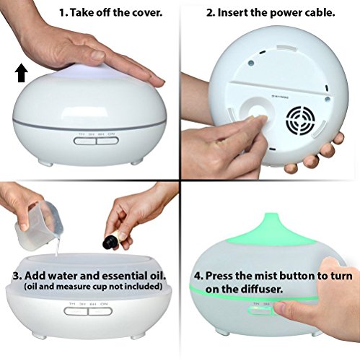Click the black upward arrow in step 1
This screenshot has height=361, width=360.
[x=22, y=73]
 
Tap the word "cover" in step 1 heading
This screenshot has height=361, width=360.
[x=146, y=13]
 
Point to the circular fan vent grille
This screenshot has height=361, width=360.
[x=300, y=121]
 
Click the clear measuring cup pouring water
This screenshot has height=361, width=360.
[x=38, y=225]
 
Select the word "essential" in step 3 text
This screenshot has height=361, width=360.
[x=121, y=276]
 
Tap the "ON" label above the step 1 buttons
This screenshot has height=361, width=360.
[x=111, y=134]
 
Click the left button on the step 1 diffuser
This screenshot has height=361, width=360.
[x=84, y=141]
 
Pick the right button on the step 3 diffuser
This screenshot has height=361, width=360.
[x=100, y=311]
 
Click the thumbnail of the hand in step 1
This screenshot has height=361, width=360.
[x=98, y=56]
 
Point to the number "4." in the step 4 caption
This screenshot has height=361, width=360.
[x=198, y=276]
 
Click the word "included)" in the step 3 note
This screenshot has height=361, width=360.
[x=148, y=287]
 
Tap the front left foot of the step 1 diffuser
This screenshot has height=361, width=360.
[x=47, y=163]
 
